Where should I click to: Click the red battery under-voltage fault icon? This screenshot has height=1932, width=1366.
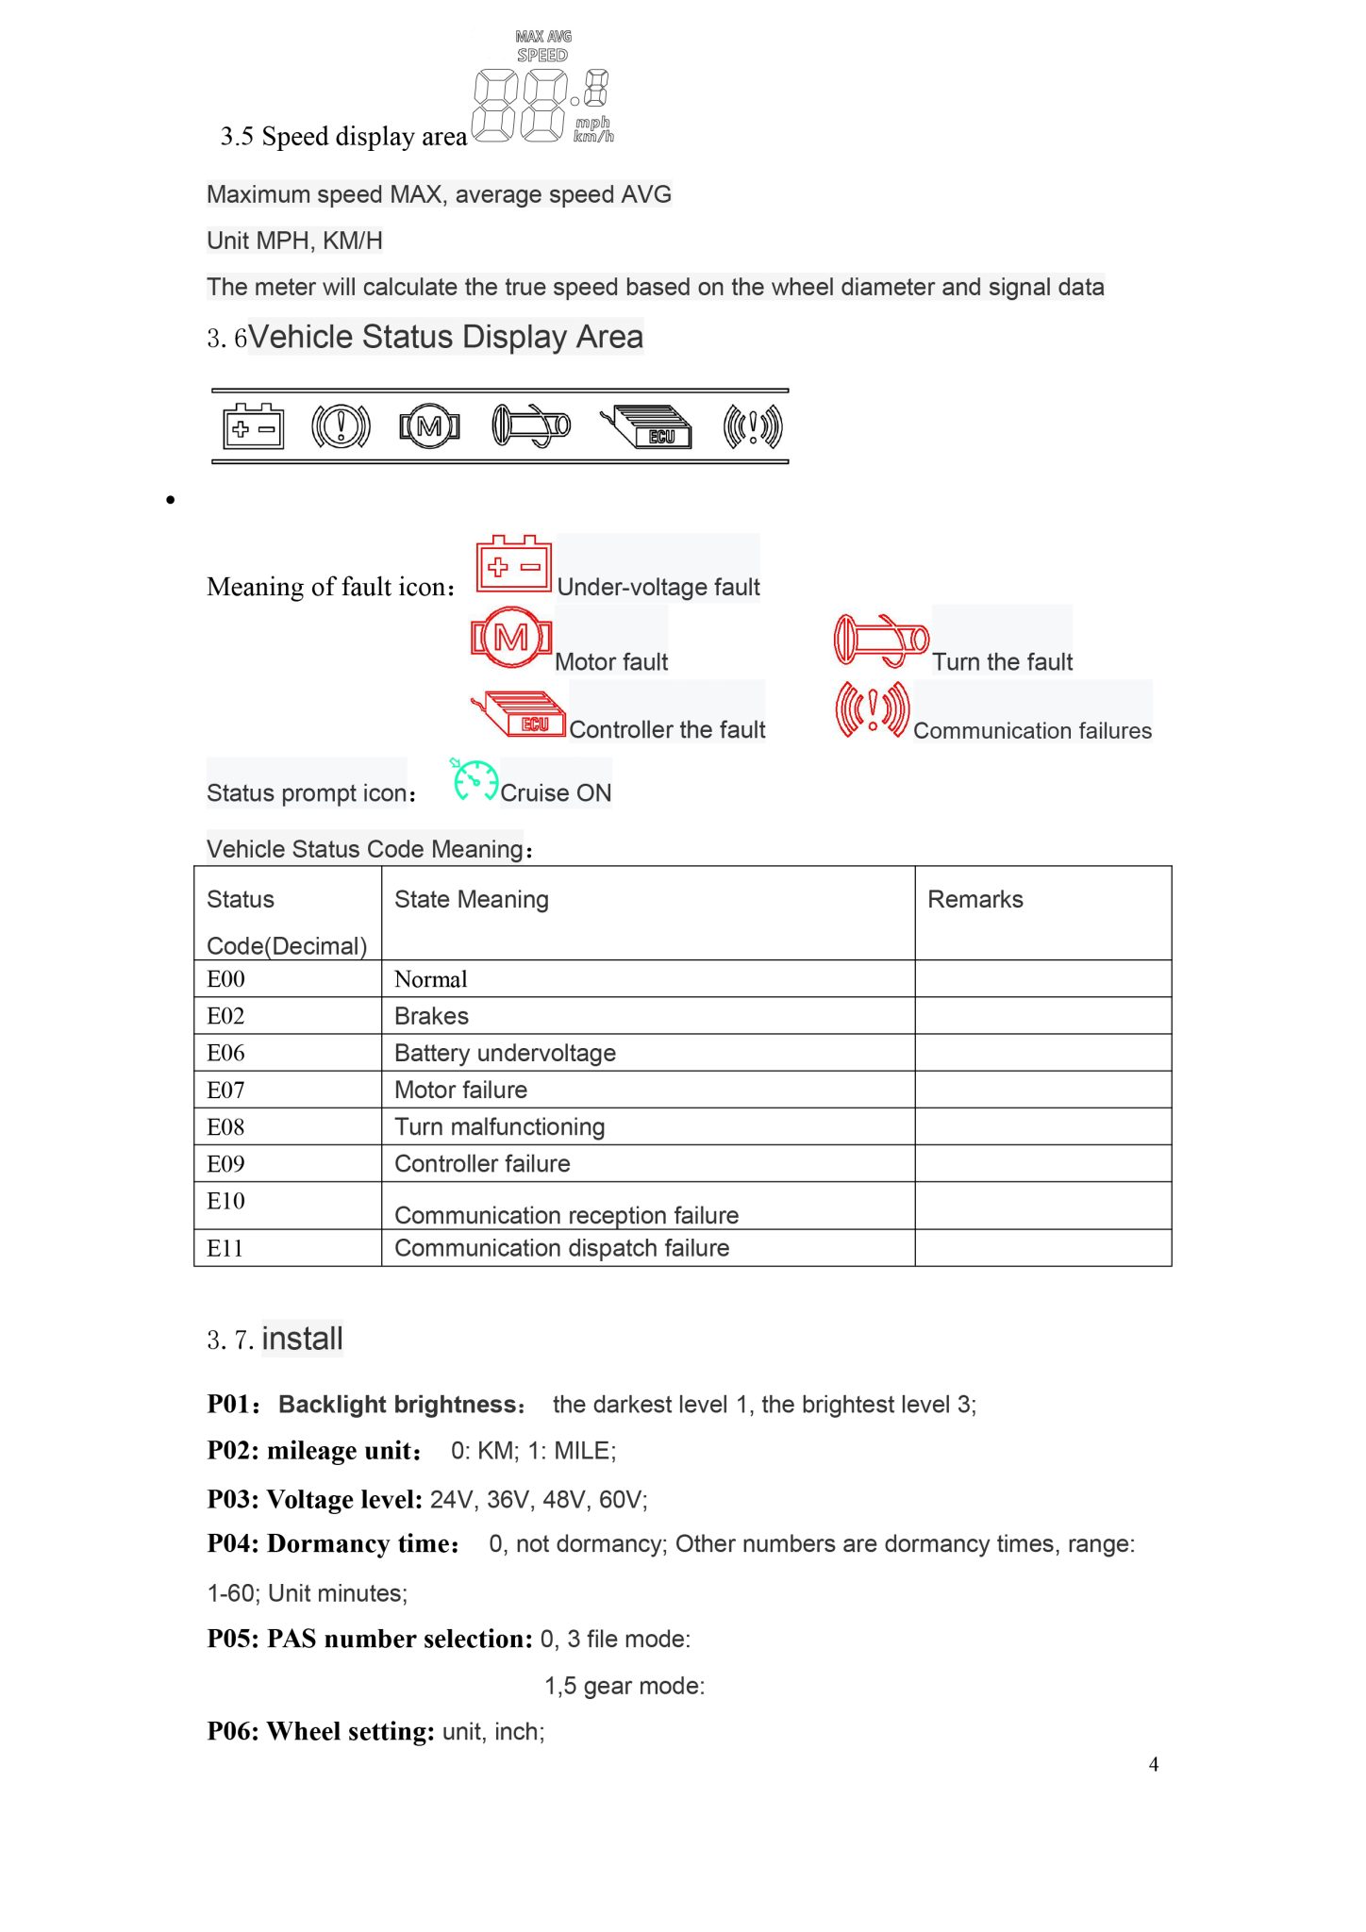tap(513, 564)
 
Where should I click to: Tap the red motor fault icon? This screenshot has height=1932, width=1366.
tap(510, 639)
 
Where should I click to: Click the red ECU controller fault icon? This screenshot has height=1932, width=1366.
tap(519, 715)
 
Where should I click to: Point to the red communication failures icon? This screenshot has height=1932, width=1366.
tap(872, 709)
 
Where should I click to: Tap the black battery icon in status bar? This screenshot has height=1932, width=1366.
tap(253, 427)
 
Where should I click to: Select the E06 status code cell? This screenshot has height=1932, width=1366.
tap(226, 1053)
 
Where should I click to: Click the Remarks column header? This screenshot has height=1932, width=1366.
tap(975, 899)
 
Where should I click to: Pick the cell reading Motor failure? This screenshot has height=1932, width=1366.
tap(460, 1090)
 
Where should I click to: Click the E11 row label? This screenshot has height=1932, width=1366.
tap(225, 1248)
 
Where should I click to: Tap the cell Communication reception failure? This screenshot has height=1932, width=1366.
tap(566, 1214)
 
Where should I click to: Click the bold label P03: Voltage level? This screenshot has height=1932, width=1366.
tap(314, 1499)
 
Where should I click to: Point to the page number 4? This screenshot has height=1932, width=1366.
tap(1153, 1764)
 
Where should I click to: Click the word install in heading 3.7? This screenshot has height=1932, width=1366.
tap(302, 1339)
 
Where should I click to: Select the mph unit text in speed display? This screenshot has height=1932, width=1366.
tap(592, 123)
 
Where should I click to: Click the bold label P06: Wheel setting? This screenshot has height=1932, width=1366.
tap(321, 1731)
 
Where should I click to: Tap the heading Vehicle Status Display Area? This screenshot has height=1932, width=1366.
tap(445, 337)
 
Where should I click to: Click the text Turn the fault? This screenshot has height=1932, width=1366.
tap(1002, 661)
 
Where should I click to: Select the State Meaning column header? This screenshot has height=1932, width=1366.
tap(471, 899)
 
